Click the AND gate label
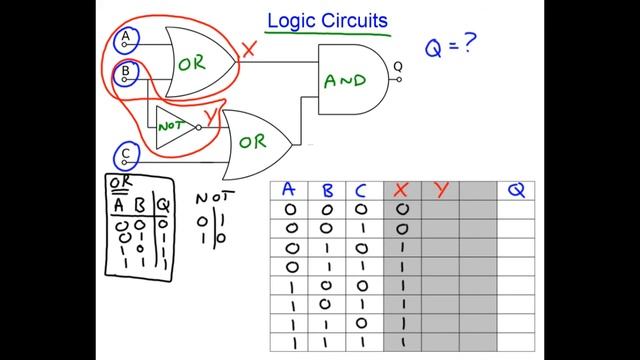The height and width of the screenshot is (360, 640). pos(345,81)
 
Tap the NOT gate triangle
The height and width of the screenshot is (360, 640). pos(173,126)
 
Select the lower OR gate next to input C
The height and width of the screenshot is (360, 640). pos(254,141)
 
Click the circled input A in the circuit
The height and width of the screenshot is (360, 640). pos(126,39)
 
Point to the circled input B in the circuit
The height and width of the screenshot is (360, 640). pos(126,73)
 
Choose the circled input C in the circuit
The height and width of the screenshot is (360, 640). pos(126,155)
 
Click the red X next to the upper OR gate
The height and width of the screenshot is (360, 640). pos(250,47)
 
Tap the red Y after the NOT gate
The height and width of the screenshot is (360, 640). pos(211,118)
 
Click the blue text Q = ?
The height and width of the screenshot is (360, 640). pos(448,47)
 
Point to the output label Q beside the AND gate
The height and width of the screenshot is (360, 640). pos(398,67)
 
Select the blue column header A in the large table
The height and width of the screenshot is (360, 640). pos(288,190)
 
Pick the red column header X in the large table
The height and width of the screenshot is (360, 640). pos(402,190)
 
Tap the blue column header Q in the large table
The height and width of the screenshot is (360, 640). pos(516,190)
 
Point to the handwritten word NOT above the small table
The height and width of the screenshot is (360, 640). pos(212,197)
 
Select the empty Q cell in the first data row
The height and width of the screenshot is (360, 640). pos(516,210)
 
